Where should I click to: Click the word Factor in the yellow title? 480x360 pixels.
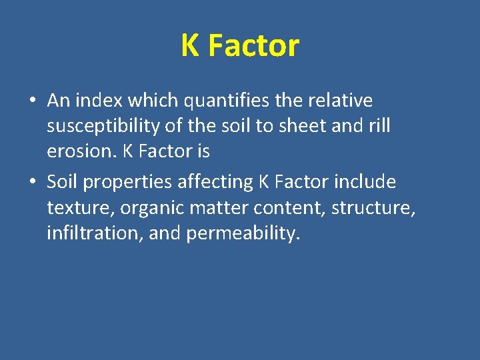point(253,46)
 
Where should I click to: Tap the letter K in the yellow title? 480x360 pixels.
point(190,46)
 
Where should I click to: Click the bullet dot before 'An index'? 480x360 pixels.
point(32,101)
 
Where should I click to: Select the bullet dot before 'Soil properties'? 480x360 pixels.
point(32,183)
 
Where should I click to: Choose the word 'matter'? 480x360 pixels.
point(219,208)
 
